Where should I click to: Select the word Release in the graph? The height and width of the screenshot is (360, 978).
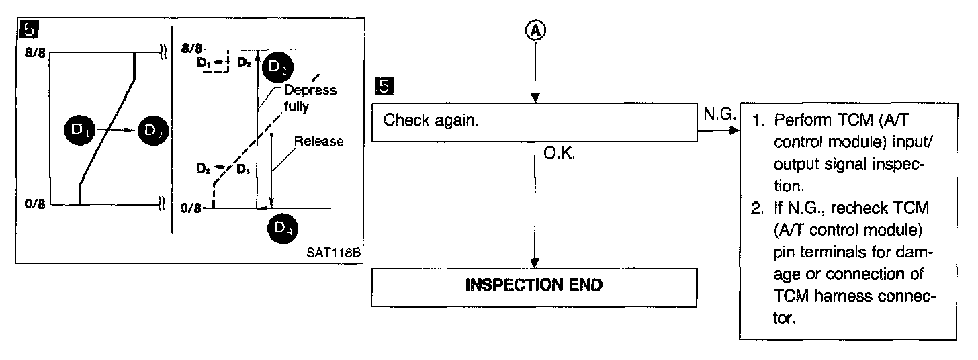(x=319, y=142)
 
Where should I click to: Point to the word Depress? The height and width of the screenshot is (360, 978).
(x=310, y=91)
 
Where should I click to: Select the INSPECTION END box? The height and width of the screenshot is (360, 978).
(x=534, y=285)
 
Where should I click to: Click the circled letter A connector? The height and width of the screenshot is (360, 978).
(x=535, y=31)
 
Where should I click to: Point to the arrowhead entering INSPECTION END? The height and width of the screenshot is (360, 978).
(x=535, y=263)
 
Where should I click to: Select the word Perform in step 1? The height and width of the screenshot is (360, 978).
(x=799, y=121)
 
